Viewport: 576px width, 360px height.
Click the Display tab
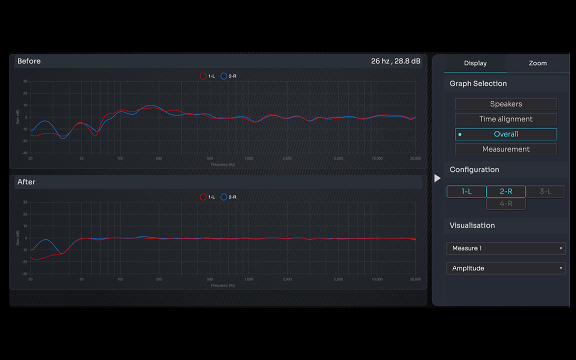pos(475,63)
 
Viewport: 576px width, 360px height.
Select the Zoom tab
pos(538,63)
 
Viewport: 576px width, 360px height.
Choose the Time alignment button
pos(505,119)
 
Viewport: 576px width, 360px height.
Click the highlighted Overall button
pos(505,134)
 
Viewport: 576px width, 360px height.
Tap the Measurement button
pos(505,149)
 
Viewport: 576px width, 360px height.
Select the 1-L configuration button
pos(466,191)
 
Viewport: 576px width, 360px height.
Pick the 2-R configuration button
pos(505,191)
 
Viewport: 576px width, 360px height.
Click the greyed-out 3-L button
pos(545,191)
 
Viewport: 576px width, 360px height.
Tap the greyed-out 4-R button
pos(505,203)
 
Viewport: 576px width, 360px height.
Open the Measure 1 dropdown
pos(505,248)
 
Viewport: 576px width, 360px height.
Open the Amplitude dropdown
pos(505,268)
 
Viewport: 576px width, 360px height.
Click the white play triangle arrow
pos(437,178)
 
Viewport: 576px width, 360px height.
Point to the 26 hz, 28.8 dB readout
pos(395,61)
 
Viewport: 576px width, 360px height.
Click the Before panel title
pos(29,61)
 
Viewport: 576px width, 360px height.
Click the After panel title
pos(26,182)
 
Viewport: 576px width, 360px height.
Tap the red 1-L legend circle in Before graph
pos(203,76)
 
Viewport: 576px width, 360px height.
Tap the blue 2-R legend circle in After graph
pos(223,197)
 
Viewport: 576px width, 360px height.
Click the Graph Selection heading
pos(478,84)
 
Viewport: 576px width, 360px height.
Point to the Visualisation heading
pos(472,226)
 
